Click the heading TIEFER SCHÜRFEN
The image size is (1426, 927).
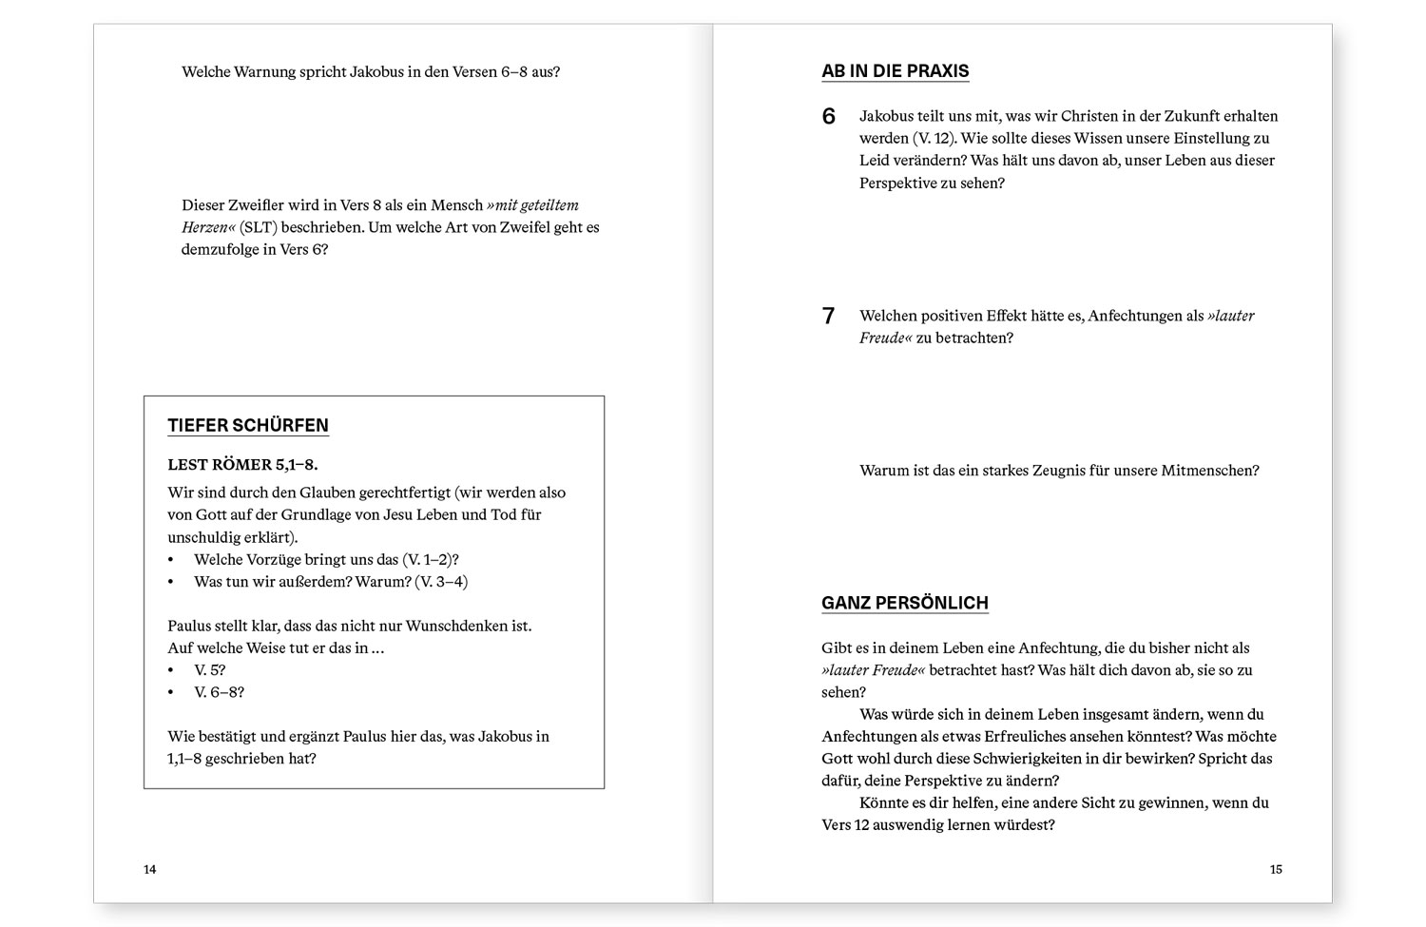(248, 425)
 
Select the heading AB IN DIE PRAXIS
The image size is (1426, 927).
(895, 71)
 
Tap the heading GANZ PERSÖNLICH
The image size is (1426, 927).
(904, 603)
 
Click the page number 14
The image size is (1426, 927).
(150, 869)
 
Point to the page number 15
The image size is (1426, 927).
(1276, 869)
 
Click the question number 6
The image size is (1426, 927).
(829, 117)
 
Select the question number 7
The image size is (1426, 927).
(829, 317)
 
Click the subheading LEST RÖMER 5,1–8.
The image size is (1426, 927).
(242, 465)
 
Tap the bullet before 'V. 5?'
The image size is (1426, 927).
(171, 670)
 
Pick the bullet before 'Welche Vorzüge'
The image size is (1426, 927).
(171, 560)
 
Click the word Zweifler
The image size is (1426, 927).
(256, 205)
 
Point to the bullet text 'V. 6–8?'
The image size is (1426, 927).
(219, 692)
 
